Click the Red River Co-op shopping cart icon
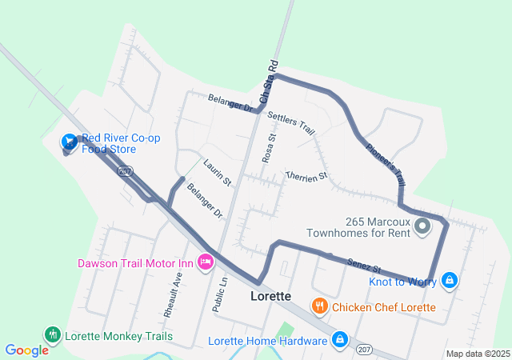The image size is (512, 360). point(70,142)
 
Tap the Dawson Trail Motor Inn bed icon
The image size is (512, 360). point(206,262)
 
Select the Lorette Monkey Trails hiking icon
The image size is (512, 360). point(53,335)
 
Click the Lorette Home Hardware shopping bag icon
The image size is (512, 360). point(340,340)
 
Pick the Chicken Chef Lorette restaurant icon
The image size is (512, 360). point(319,306)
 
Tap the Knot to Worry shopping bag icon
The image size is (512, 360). point(450,280)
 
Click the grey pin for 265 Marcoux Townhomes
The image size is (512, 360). point(423,228)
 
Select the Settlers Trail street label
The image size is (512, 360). point(291,122)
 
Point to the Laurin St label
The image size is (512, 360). point(217,172)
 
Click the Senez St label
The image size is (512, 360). point(364,265)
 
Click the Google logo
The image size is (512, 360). point(26,350)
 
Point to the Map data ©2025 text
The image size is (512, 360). point(478,354)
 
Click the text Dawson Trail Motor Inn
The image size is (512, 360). point(135,262)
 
